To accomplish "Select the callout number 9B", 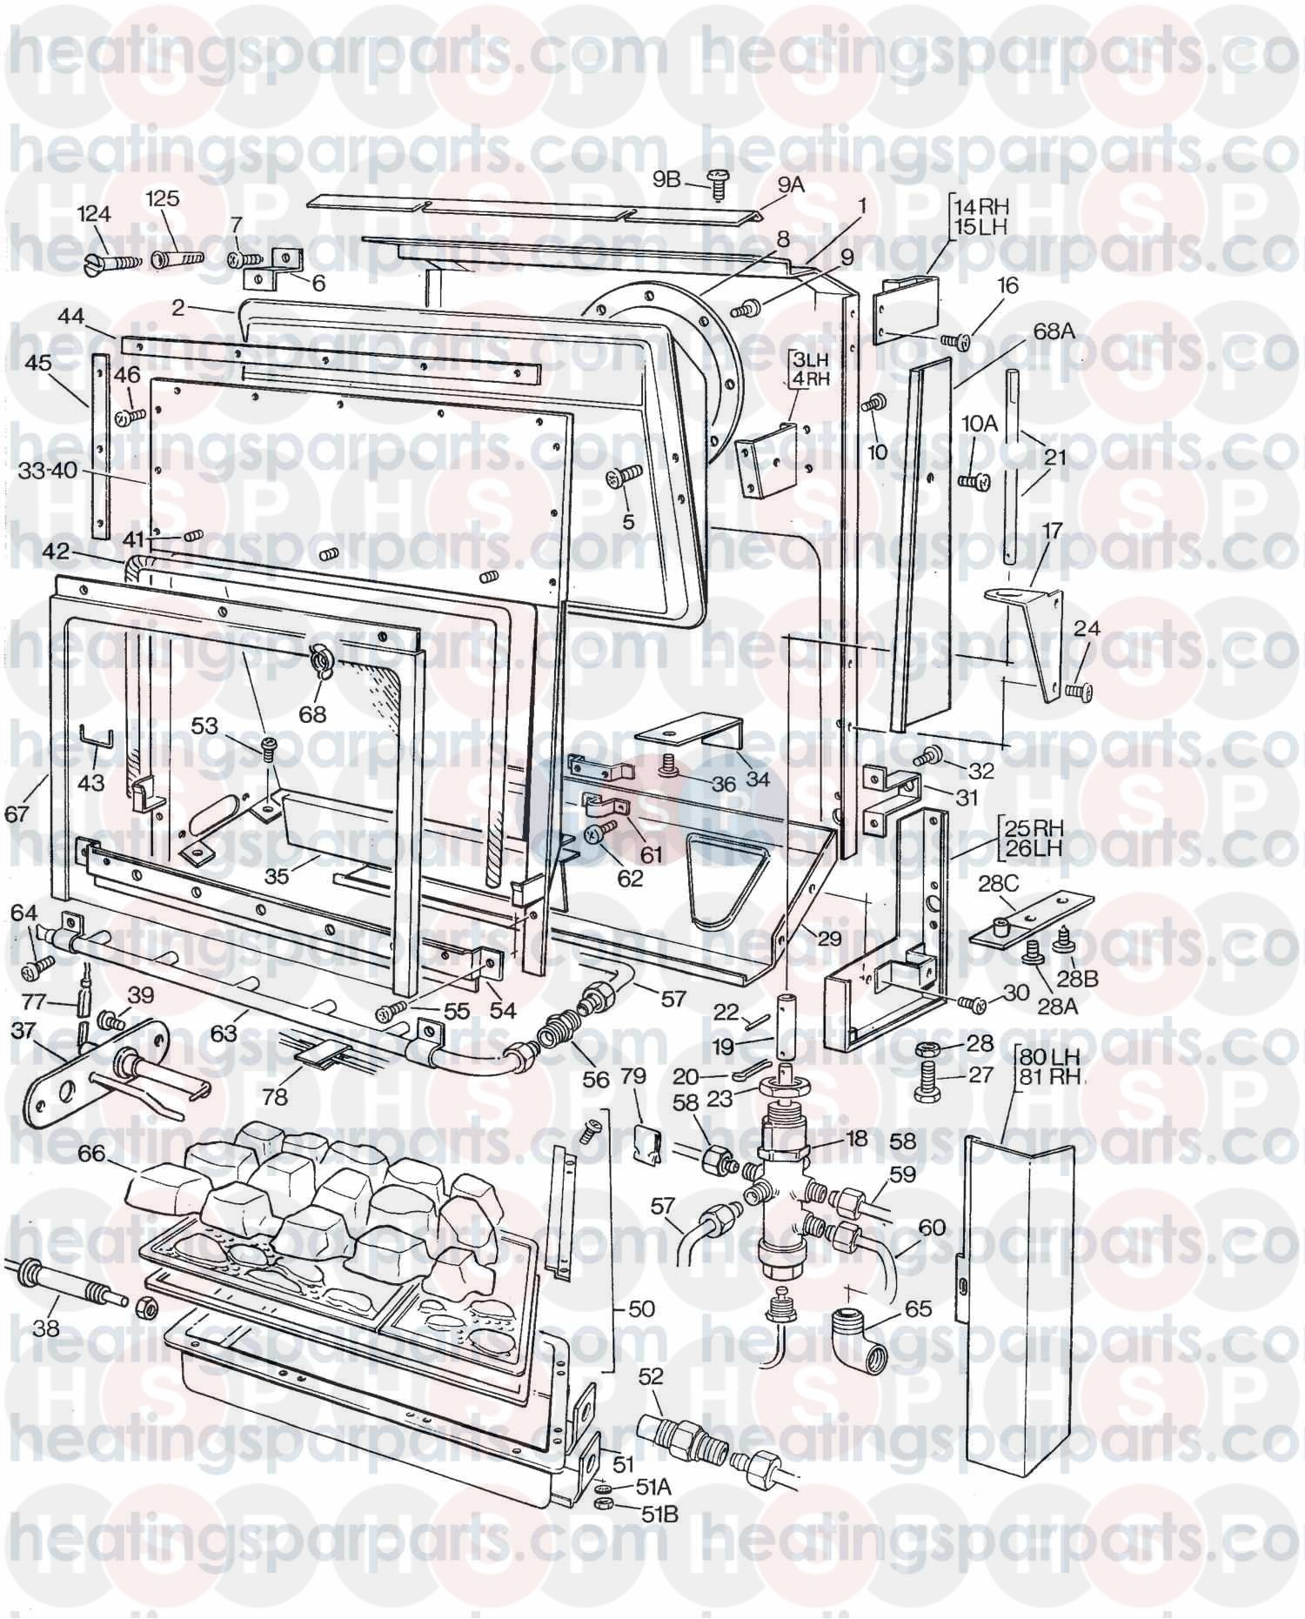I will pyautogui.click(x=666, y=180).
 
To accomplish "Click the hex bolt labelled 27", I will pyautogui.click(x=931, y=1083).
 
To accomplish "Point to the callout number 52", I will pyautogui.click(x=650, y=1376).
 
